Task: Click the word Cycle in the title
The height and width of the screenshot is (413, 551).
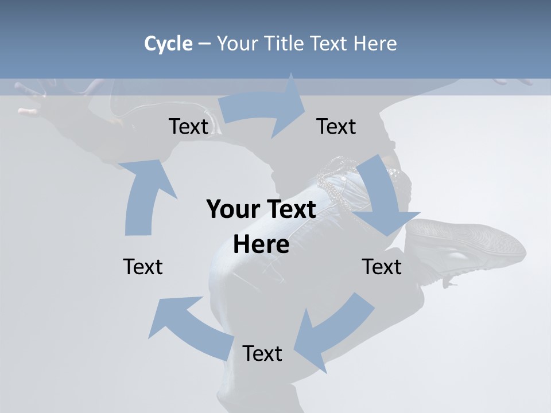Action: click(168, 44)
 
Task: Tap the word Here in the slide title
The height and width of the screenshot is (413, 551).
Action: click(375, 44)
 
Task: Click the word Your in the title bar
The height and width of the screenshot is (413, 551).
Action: click(236, 44)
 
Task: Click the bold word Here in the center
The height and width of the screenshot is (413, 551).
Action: click(261, 245)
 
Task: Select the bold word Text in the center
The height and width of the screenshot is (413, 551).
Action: click(290, 209)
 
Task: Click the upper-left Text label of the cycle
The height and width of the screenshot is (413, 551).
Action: click(188, 126)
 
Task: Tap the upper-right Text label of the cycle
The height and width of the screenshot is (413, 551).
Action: click(336, 126)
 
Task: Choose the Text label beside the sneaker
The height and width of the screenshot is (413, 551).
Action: click(382, 267)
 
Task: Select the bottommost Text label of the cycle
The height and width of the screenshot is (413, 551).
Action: click(262, 353)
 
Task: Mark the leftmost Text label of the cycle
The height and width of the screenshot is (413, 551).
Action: click(143, 267)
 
